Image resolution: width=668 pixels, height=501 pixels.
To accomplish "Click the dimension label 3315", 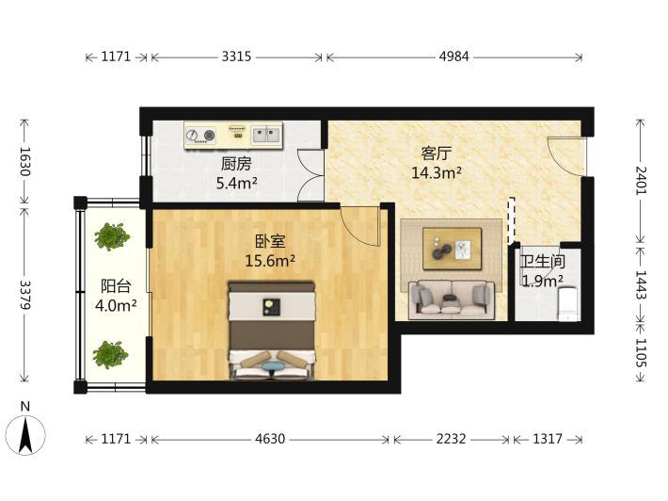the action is [236, 57].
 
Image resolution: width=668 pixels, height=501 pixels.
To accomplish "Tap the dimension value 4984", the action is [454, 57].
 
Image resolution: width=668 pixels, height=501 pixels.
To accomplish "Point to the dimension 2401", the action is [641, 181].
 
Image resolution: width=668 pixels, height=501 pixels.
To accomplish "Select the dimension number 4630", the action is [270, 439].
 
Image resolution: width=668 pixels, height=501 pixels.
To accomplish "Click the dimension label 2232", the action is [452, 439].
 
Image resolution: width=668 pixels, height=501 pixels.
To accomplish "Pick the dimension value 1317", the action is [548, 439].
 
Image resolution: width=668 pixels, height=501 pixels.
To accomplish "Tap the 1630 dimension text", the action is [24, 162].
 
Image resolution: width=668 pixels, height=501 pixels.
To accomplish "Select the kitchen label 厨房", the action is [236, 164].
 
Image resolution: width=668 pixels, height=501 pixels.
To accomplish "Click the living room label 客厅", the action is [437, 154].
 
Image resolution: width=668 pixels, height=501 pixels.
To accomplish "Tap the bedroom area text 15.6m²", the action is [270, 261].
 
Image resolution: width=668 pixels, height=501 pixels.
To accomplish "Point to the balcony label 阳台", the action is [116, 286].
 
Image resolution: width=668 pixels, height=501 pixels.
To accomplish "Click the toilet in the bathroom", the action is [567, 303].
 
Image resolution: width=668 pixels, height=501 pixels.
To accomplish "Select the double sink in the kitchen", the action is [266, 135].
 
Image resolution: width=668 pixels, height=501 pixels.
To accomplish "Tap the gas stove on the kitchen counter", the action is [200, 136].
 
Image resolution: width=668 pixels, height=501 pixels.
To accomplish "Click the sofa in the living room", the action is [452, 299].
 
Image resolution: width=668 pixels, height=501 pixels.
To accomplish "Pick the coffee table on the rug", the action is [452, 249].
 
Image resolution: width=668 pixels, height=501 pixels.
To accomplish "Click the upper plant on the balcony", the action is [112, 236].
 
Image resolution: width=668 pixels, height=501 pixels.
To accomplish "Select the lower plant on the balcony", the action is [110, 354].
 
